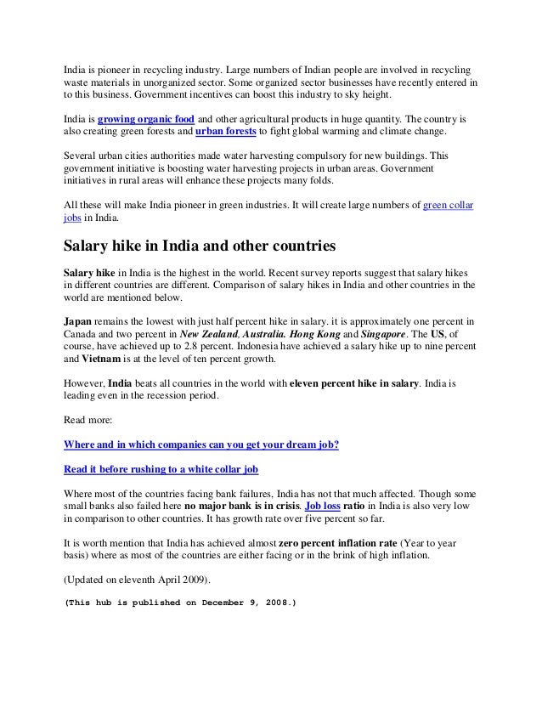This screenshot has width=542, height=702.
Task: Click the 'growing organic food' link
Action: [x=143, y=121]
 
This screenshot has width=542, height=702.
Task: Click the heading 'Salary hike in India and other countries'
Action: [x=200, y=246]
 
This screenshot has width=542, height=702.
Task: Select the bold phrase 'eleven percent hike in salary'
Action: [x=354, y=383]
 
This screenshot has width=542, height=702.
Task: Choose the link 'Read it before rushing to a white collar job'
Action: [x=161, y=468]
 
